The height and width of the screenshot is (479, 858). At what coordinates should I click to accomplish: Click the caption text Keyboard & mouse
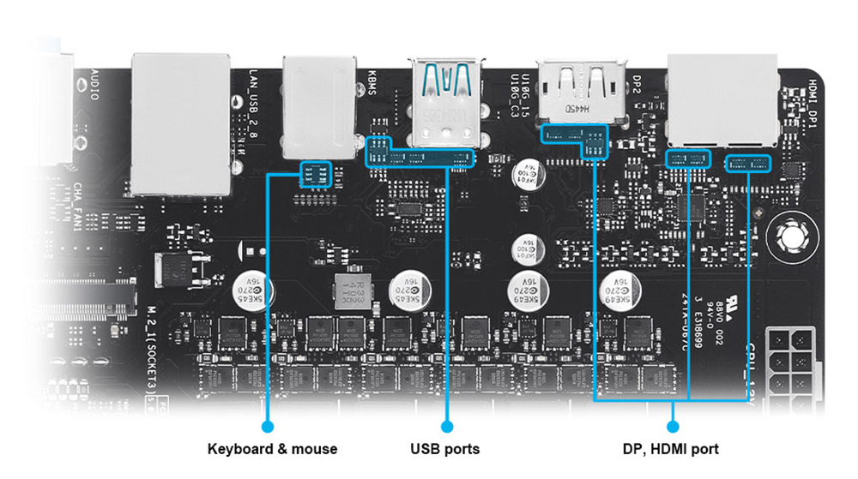(273, 448)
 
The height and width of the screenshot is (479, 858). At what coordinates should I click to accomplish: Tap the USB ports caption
(444, 448)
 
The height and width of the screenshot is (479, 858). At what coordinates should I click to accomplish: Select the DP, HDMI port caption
(670, 448)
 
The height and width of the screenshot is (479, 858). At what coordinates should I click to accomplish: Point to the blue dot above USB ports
(446, 425)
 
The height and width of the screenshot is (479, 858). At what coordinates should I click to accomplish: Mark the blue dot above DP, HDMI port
(672, 425)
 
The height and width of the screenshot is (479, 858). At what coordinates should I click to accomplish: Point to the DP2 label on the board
(637, 84)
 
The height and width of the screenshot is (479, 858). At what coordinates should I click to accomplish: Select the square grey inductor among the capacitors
(349, 296)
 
